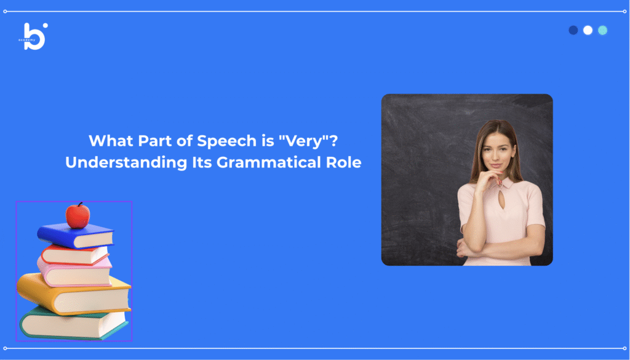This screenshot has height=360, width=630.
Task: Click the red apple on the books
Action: [x=78, y=216]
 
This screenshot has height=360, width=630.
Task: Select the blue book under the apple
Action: [x=76, y=236]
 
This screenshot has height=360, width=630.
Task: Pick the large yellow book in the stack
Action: [x=74, y=294]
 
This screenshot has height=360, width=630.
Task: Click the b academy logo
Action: [x=34, y=36]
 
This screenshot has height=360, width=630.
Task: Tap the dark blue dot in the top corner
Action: [x=573, y=30]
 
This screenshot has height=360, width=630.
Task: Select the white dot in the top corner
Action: [x=588, y=30]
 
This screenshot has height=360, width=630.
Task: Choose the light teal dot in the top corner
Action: [x=603, y=30]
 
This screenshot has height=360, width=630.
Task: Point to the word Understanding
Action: [x=126, y=162]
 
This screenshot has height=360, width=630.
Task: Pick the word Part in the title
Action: [x=153, y=141]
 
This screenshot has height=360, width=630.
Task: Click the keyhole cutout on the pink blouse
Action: [x=501, y=200]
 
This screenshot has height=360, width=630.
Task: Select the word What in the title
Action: [x=111, y=141]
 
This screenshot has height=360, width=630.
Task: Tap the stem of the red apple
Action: [x=80, y=204]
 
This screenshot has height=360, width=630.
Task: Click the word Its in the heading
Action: [x=202, y=162]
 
